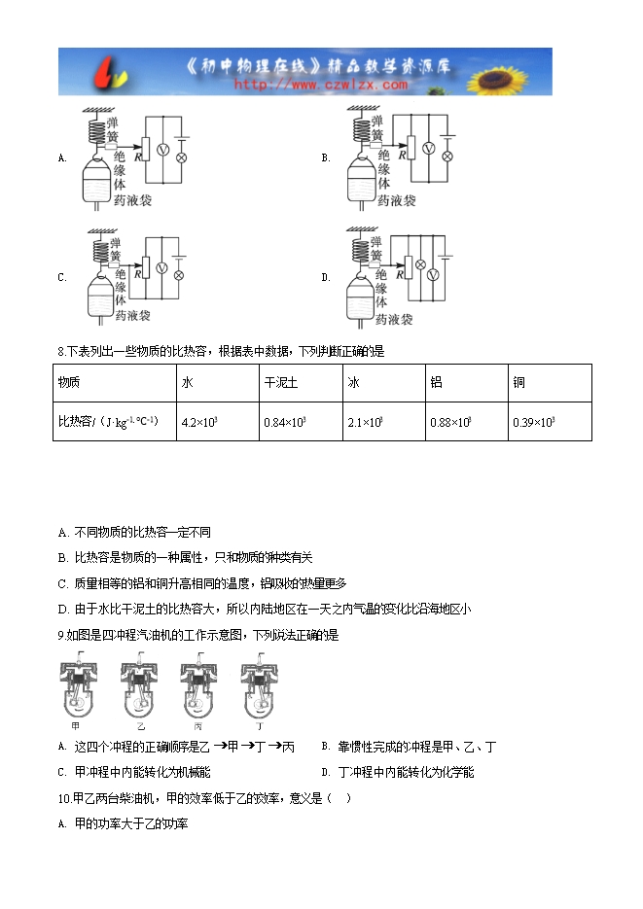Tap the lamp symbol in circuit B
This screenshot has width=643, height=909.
point(447,156)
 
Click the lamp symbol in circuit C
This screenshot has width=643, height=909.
point(178,275)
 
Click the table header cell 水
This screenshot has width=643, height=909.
point(188,383)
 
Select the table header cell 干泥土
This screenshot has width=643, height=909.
point(274,383)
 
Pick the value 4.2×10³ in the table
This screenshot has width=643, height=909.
point(198,421)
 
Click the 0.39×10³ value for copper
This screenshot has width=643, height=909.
point(533,421)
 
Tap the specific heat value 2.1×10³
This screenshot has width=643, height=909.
point(365,421)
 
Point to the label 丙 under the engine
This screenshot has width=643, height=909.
point(199,725)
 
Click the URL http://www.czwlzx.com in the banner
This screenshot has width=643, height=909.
point(321,85)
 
